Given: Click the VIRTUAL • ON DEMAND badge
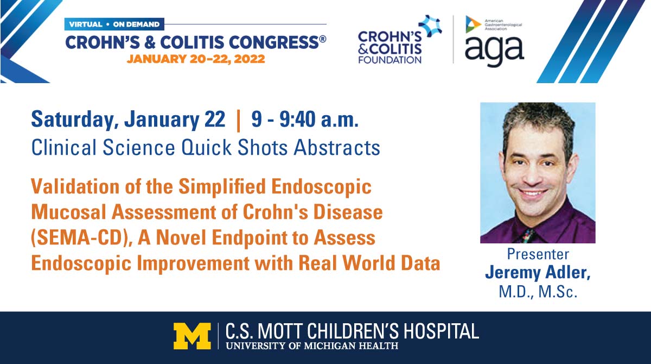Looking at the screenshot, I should pyautogui.click(x=114, y=24).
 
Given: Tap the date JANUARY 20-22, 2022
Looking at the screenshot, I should pyautogui.click(x=196, y=59).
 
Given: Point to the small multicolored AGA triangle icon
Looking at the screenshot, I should pyautogui.click(x=473, y=24).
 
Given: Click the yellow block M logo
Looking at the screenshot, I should pyautogui.click(x=192, y=336).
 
